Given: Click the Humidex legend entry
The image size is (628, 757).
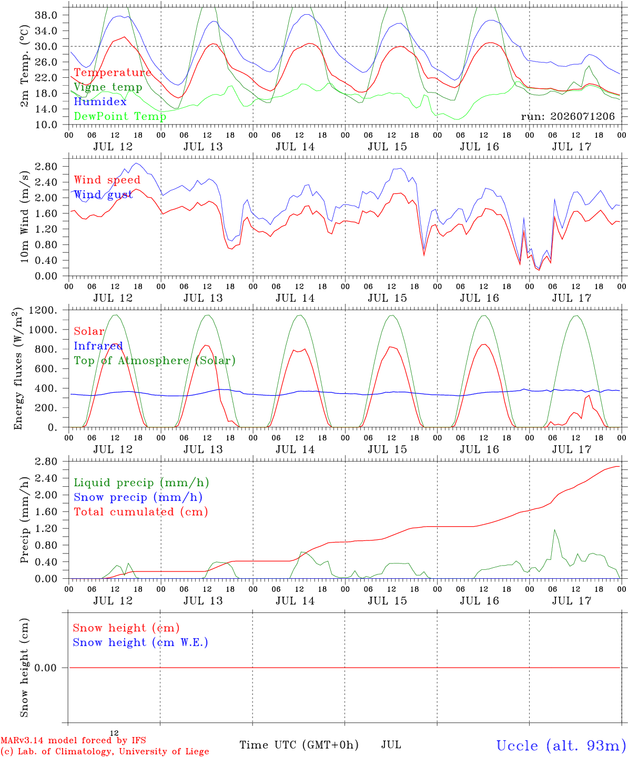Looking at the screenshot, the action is [100, 101].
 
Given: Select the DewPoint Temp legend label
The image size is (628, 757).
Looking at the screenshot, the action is [120, 116].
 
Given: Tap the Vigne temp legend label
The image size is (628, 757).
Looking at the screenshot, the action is [108, 87].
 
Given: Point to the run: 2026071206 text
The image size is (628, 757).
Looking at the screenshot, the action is [568, 116].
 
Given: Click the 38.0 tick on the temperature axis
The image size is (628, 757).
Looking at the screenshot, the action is [46, 15].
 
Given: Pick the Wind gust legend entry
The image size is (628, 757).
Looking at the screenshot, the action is [104, 195].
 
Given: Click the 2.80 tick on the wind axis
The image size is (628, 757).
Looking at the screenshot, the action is [46, 167].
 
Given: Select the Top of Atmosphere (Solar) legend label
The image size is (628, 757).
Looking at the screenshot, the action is [155, 361].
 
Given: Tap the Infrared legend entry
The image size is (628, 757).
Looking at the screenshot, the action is [98, 346].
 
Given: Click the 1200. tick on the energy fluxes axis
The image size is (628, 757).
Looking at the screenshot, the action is [43, 310].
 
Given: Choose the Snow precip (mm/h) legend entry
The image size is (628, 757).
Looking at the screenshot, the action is [138, 497].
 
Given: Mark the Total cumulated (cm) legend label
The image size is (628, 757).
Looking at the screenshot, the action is [141, 512].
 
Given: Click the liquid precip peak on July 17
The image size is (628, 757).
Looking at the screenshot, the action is [554, 530].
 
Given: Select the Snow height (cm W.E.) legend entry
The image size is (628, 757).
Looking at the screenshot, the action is [140, 642].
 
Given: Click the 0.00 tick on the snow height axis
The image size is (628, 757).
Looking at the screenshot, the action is [45, 668].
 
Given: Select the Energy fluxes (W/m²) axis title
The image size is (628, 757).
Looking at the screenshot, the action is [18, 369].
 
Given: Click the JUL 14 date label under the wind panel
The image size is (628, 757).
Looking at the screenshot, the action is [295, 298].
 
